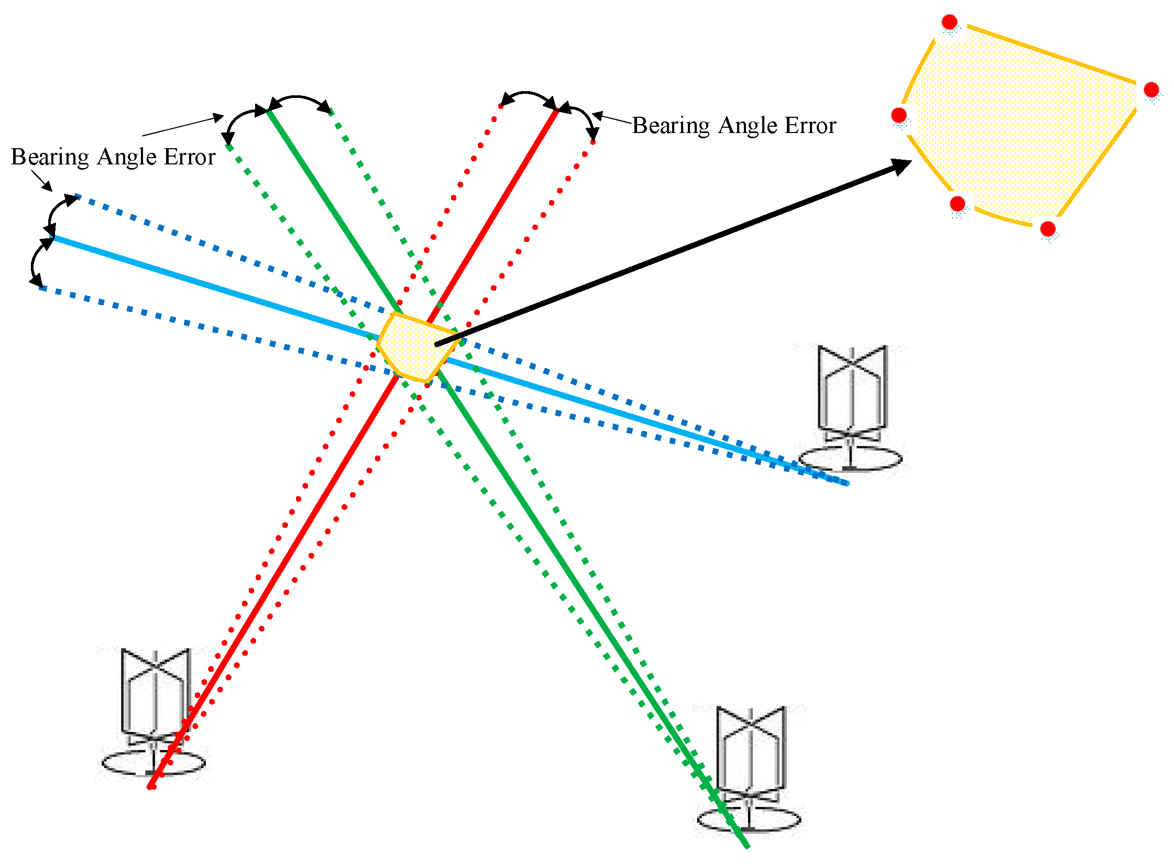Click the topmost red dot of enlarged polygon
point(949,22)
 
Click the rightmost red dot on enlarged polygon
point(1151,90)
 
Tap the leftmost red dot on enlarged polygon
point(899,115)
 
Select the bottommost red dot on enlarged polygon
point(1048,228)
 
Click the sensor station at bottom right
point(750,770)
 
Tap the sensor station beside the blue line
point(851,408)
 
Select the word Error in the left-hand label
point(190,157)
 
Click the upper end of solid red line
point(556,110)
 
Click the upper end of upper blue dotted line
point(78,197)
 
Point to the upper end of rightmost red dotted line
point(593,141)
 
